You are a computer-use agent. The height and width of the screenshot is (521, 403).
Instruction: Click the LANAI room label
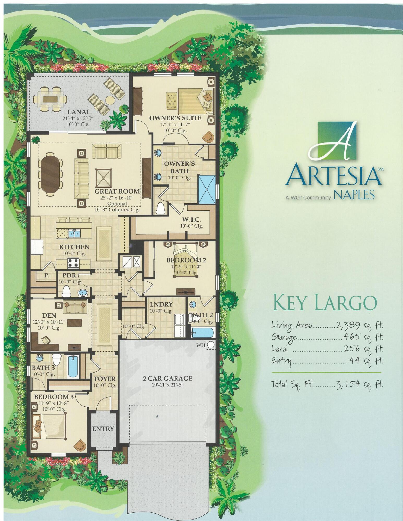coord(78,112)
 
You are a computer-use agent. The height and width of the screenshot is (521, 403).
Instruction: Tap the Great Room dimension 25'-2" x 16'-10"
coord(117,198)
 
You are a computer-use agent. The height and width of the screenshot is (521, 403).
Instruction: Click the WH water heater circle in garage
coord(211,345)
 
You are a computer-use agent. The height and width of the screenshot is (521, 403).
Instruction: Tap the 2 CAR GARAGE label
coord(167,378)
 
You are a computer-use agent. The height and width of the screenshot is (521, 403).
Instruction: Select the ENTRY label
coord(103,429)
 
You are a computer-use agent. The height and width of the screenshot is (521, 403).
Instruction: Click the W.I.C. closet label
coord(191,220)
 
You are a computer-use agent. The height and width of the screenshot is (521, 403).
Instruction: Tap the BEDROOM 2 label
coord(184,260)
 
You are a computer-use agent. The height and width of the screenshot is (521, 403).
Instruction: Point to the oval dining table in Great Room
coord(50,173)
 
